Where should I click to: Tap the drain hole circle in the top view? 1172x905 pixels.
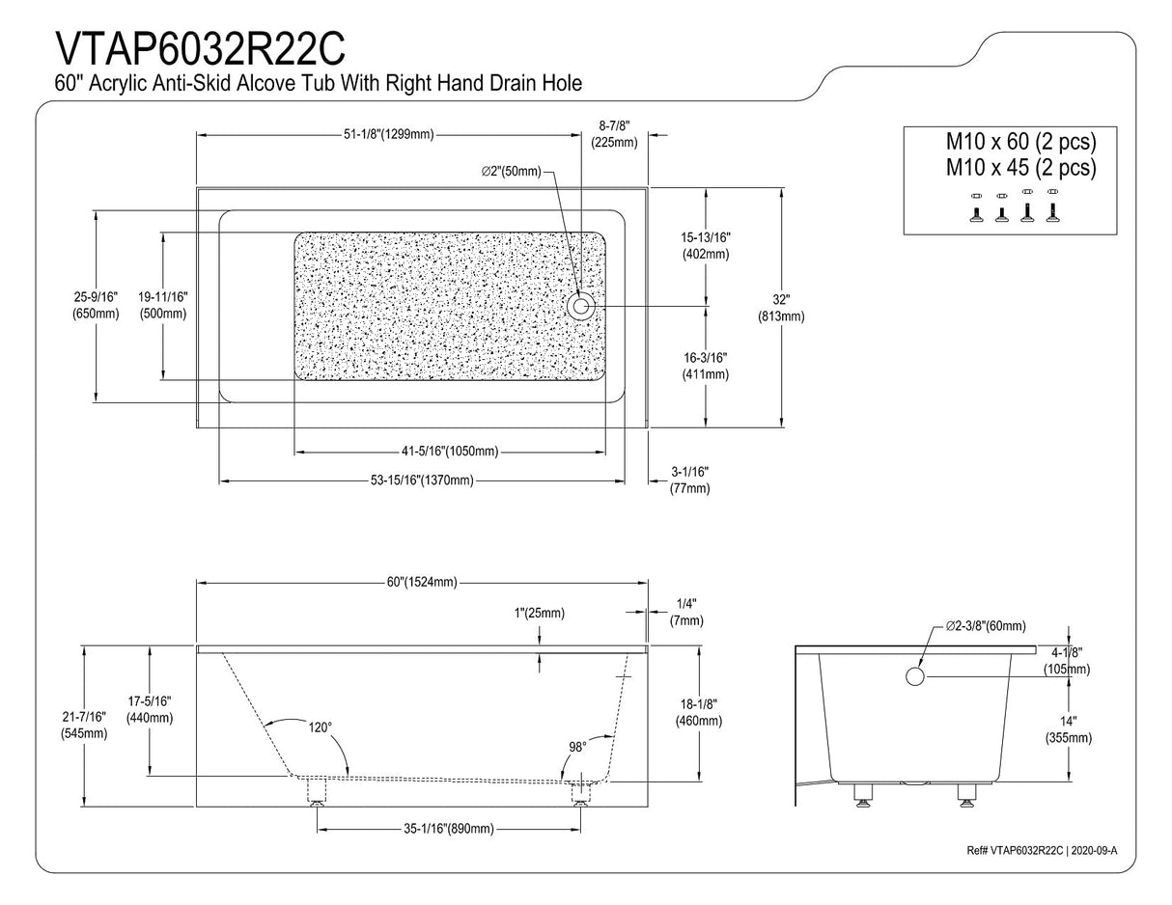point(580,307)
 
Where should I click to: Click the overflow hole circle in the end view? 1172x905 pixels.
point(915,676)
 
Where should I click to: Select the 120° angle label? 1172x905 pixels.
point(320,727)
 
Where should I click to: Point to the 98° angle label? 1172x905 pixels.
point(576,747)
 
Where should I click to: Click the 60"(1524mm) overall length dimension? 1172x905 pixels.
point(422,582)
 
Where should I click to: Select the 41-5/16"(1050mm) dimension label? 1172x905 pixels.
point(450,452)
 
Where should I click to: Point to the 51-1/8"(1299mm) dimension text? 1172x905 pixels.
point(388,134)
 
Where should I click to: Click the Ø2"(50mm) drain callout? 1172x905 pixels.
point(512,172)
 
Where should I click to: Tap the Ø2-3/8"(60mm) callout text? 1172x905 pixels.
point(986,625)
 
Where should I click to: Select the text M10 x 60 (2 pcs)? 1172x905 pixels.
point(1020,142)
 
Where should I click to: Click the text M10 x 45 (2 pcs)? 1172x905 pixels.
point(1020,168)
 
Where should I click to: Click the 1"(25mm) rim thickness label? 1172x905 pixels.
point(539,613)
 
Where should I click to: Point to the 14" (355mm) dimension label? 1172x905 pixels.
point(1068,729)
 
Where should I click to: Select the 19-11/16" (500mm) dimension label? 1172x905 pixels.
point(162,305)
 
